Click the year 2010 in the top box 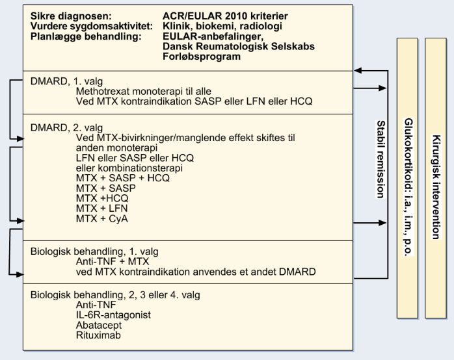[232, 16]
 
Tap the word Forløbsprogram [202, 57]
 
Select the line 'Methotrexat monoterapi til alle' [144, 92]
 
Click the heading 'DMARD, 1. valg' [66, 81]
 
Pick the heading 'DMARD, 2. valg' [66, 128]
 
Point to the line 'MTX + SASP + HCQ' [123, 178]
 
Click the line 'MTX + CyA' [102, 218]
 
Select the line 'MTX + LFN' [101, 209]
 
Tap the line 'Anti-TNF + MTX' [113, 262]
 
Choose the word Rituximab [98, 335]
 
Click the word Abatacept [99, 326]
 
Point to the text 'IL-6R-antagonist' [113, 315]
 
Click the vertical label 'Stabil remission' [381, 159]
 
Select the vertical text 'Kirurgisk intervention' [436, 187]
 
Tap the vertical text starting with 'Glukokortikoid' [408, 186]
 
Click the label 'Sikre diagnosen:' [71, 16]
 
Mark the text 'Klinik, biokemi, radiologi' [222, 26]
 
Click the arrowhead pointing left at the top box [357, 70]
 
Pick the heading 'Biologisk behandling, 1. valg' [94, 251]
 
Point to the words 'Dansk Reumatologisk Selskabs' [239, 46]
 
